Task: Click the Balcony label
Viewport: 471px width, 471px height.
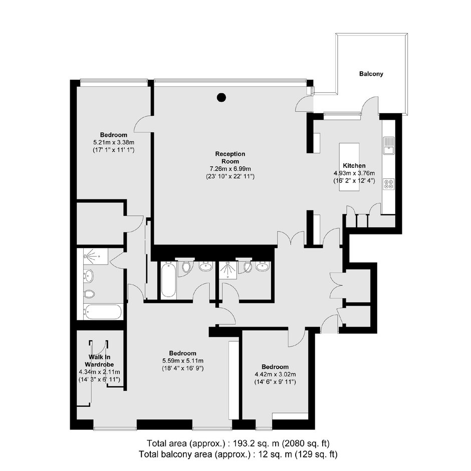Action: point(371,74)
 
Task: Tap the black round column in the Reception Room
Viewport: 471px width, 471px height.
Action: point(221,97)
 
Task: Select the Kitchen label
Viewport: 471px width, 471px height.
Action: point(354,165)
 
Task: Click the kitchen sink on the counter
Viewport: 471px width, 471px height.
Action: point(388,145)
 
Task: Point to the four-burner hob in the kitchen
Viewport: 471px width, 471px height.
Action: point(389,184)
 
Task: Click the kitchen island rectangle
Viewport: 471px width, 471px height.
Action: point(349,167)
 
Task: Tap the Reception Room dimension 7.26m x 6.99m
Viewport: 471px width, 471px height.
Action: point(230,169)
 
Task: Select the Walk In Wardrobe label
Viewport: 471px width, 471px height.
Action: point(99,361)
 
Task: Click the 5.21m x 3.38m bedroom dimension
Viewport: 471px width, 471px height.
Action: point(114,142)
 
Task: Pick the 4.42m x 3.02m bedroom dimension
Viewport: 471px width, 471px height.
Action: point(275,374)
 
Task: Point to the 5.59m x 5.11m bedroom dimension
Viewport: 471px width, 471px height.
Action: point(182,361)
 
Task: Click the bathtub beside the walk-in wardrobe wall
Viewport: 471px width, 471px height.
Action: point(103,312)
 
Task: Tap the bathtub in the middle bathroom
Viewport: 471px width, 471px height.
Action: point(168,280)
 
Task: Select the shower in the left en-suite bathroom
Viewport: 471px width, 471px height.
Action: point(95,256)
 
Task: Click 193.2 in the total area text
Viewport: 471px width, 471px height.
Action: point(242,443)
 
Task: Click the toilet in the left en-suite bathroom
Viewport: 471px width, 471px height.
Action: point(89,294)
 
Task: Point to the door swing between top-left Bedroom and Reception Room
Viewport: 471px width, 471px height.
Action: point(143,124)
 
